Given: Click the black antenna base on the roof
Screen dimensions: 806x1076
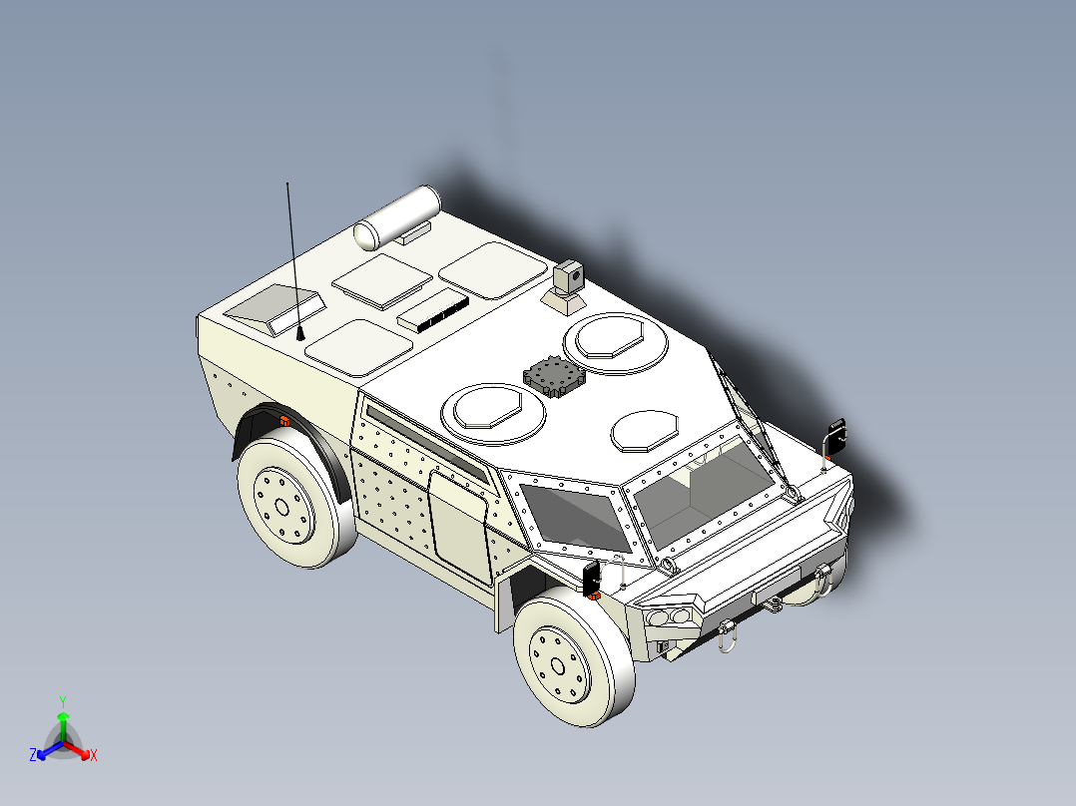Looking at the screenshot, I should pyautogui.click(x=300, y=333).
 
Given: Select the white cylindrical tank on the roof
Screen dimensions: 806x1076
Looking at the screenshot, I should pyautogui.click(x=397, y=217).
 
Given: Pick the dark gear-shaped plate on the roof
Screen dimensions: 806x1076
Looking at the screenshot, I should pyautogui.click(x=554, y=377).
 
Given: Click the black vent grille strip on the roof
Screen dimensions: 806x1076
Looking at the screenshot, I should pyautogui.click(x=433, y=313).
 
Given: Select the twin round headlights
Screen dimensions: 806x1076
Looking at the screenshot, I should pyautogui.click(x=671, y=617).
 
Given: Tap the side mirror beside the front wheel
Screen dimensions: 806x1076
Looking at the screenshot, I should pyautogui.click(x=591, y=577).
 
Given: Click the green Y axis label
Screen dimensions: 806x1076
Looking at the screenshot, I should pyautogui.click(x=62, y=700).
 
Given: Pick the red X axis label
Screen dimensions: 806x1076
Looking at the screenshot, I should pyautogui.click(x=94, y=756).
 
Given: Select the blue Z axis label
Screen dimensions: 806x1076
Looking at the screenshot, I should pyautogui.click(x=33, y=756).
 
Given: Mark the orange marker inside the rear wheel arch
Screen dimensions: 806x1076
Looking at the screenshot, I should pyautogui.click(x=284, y=419).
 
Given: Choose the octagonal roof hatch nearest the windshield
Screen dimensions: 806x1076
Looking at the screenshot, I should pyautogui.click(x=644, y=429).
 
